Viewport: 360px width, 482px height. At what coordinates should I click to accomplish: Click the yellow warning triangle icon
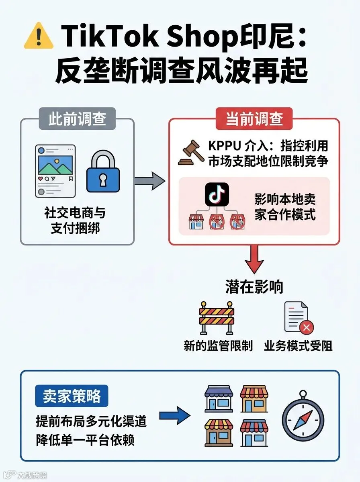[39, 37]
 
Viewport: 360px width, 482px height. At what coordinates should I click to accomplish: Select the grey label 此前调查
[77, 119]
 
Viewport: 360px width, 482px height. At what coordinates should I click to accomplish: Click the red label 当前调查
[254, 119]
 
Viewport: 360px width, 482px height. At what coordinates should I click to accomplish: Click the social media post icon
[55, 171]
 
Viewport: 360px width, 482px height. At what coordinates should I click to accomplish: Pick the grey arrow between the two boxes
[149, 181]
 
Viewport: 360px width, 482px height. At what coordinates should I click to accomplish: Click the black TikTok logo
[217, 195]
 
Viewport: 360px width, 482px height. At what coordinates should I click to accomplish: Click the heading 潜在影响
[254, 287]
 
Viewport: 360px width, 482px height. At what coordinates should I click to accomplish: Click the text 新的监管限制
[218, 346]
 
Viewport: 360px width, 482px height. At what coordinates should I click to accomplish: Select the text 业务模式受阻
[298, 346]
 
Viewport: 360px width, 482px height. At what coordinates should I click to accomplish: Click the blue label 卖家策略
[72, 396]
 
